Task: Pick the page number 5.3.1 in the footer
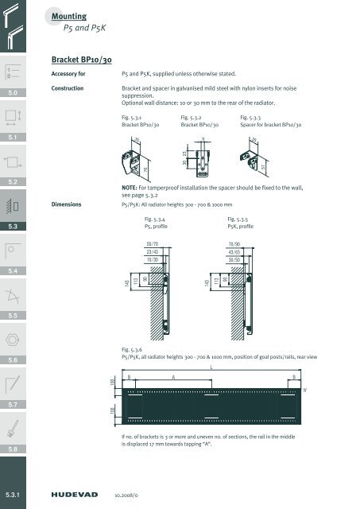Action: (16, 492)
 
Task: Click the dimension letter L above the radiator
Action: (211, 368)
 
